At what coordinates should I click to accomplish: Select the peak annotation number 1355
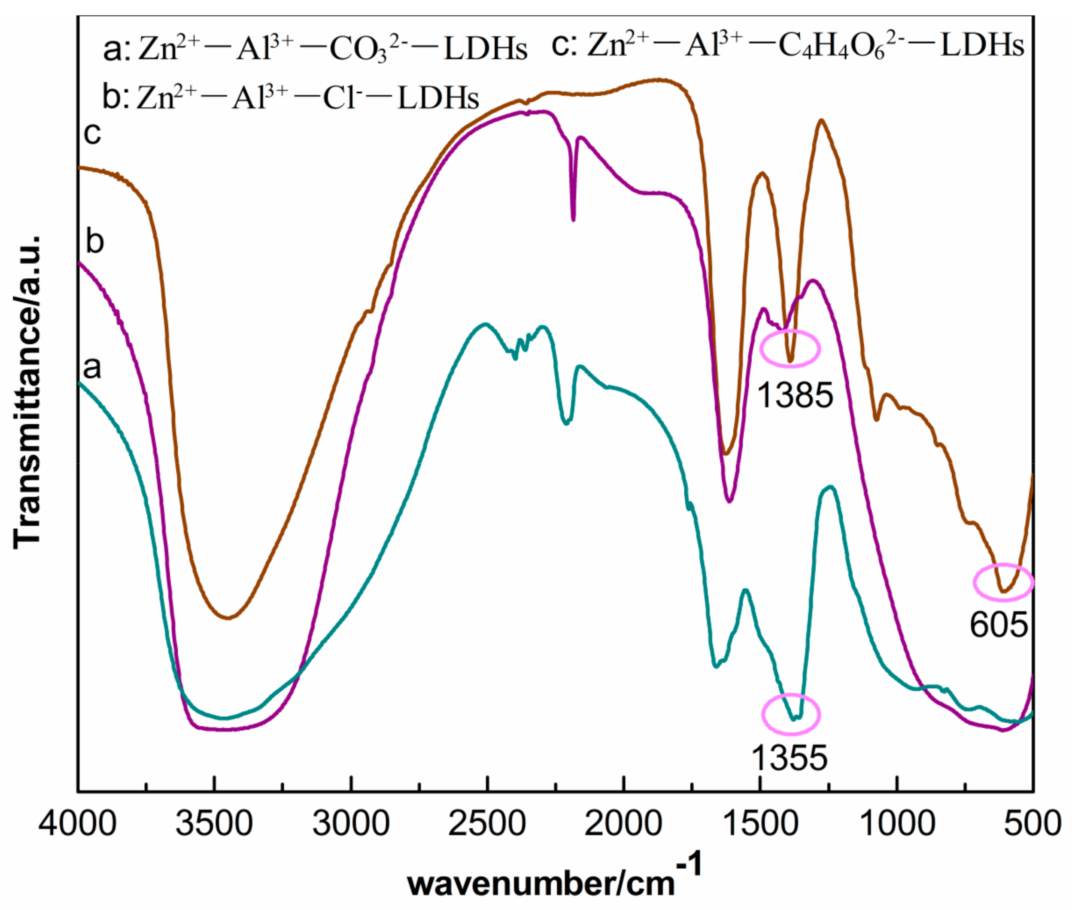pyautogui.click(x=789, y=758)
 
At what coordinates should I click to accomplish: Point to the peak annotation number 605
pyautogui.click(x=999, y=625)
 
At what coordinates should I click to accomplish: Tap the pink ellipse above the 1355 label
pyautogui.click(x=791, y=714)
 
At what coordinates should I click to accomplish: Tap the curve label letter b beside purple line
pyautogui.click(x=95, y=241)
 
